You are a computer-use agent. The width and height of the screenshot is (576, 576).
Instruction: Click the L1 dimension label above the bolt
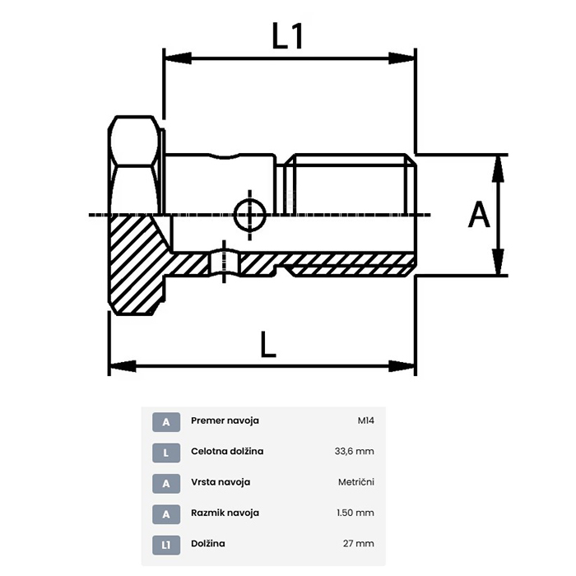288,35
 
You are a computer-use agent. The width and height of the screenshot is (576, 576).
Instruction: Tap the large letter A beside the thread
479,215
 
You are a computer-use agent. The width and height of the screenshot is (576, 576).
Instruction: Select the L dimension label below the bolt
267,344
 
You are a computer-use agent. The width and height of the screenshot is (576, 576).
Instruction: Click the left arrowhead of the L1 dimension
178,58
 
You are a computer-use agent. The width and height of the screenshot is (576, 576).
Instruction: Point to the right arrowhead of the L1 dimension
402,58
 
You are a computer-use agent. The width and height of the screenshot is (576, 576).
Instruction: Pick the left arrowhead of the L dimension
123,366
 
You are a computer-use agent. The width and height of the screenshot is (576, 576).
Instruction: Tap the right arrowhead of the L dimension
402,366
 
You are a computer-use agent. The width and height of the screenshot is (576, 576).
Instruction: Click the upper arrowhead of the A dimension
498,169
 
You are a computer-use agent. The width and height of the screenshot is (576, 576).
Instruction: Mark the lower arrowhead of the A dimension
498,261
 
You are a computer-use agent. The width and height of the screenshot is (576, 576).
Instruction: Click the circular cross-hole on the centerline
250,215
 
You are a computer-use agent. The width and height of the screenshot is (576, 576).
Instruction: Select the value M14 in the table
366,420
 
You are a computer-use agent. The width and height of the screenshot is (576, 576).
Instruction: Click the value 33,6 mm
354,451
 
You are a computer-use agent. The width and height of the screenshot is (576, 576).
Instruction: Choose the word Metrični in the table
356,482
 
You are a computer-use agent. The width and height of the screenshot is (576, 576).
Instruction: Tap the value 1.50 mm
355,513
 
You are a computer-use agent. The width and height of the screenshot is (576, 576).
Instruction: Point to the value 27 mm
359,544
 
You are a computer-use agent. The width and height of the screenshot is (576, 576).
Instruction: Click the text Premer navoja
225,420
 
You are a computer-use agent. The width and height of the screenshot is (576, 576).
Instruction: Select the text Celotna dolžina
227,451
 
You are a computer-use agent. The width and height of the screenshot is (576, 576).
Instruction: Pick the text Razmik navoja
225,513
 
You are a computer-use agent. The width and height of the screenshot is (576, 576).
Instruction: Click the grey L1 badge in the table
166,545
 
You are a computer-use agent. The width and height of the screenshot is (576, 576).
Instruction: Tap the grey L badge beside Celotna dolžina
166,453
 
